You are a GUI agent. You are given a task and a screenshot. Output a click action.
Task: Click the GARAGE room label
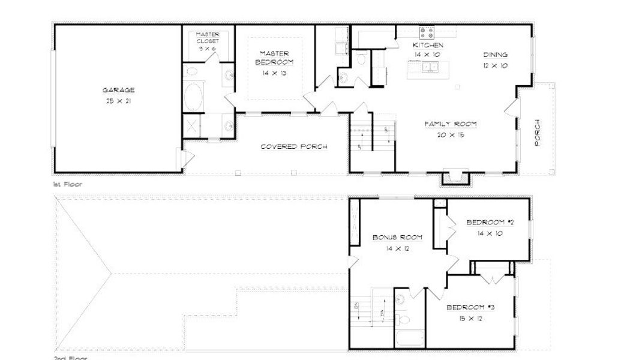pos(118,91)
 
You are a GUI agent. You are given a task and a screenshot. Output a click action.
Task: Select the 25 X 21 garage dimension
pos(118,101)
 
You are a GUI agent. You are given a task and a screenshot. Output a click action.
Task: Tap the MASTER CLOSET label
pos(208,38)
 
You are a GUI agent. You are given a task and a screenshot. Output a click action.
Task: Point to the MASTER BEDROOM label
pos(274,58)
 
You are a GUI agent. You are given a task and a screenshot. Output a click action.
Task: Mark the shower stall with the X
pos(192,125)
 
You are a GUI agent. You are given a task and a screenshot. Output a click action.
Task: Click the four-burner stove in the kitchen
pos(427,32)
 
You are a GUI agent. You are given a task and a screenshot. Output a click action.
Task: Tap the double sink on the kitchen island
pos(428,67)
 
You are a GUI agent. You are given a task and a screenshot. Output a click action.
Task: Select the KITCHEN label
pos(428,46)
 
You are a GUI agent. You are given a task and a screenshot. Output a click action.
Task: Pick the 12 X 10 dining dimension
pos(495,65)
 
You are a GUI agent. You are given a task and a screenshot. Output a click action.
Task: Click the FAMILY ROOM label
pos(451,124)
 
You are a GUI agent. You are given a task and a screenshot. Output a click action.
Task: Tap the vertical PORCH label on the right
pos(538,131)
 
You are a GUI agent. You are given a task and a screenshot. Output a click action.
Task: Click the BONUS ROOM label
pos(397,238)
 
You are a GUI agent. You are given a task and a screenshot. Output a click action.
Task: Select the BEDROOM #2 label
pos(490,223)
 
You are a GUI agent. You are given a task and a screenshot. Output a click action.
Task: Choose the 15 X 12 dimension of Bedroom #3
pos(470,319)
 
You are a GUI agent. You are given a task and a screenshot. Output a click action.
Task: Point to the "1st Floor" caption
pos(67,185)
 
